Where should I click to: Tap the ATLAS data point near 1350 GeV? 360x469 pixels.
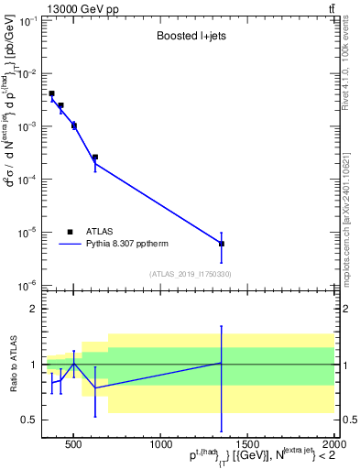(x=222, y=244)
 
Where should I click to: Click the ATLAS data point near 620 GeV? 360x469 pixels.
(x=94, y=157)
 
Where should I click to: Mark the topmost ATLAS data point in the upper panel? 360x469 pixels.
(x=52, y=93)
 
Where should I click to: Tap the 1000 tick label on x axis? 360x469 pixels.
(x=160, y=445)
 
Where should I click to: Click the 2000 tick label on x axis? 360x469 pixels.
(x=333, y=445)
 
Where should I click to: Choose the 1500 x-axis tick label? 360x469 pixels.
(x=247, y=445)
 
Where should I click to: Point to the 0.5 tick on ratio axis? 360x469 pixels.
(x=29, y=420)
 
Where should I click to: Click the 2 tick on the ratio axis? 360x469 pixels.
(x=34, y=310)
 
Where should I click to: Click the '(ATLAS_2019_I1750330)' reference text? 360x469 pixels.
(x=190, y=274)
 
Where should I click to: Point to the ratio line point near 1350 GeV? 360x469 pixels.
(x=222, y=363)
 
